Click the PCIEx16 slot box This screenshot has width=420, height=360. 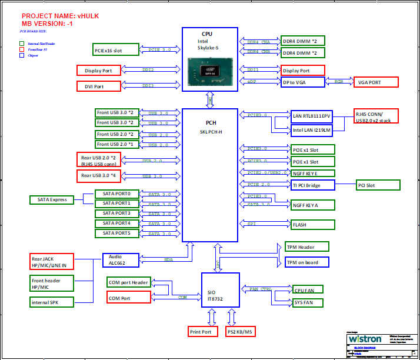click(116, 50)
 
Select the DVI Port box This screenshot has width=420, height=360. click(99, 86)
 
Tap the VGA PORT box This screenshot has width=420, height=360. click(376, 82)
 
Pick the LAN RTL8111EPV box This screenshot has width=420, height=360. click(312, 116)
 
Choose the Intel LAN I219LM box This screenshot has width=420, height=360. click(312, 129)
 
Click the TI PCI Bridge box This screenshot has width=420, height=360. click(312, 185)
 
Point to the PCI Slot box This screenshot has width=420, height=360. click(375, 185)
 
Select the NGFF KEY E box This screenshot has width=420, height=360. click(312, 173)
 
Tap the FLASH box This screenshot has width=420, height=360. click(312, 225)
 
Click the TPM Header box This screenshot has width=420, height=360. click(306, 246)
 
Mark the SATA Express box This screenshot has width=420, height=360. click(52, 199)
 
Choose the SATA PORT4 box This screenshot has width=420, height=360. click(116, 224)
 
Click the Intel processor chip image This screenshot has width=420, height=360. click(210, 72)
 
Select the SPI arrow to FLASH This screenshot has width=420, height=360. click(264, 224)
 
